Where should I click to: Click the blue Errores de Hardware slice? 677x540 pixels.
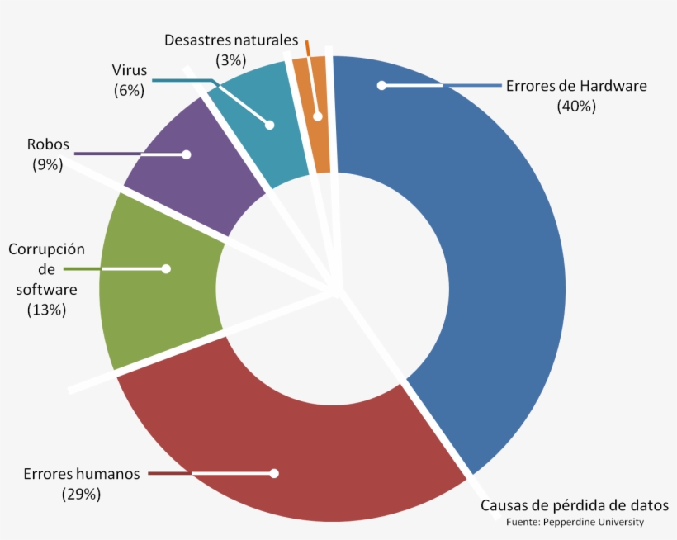tap(495, 272)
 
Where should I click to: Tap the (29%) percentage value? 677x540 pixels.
tap(81, 494)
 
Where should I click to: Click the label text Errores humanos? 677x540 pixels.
tap(82, 474)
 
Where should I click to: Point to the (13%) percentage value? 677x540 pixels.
tap(47, 310)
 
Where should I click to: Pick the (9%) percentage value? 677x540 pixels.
tap(48, 164)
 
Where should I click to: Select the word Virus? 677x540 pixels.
tap(130, 69)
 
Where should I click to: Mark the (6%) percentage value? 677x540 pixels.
tap(130, 90)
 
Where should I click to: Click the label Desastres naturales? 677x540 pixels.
tap(230, 40)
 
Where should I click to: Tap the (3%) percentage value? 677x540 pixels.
tap(230, 59)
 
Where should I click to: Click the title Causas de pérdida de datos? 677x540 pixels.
tap(575, 505)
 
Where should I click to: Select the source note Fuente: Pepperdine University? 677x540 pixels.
tap(575, 522)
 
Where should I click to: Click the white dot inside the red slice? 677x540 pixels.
tap(274, 473)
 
